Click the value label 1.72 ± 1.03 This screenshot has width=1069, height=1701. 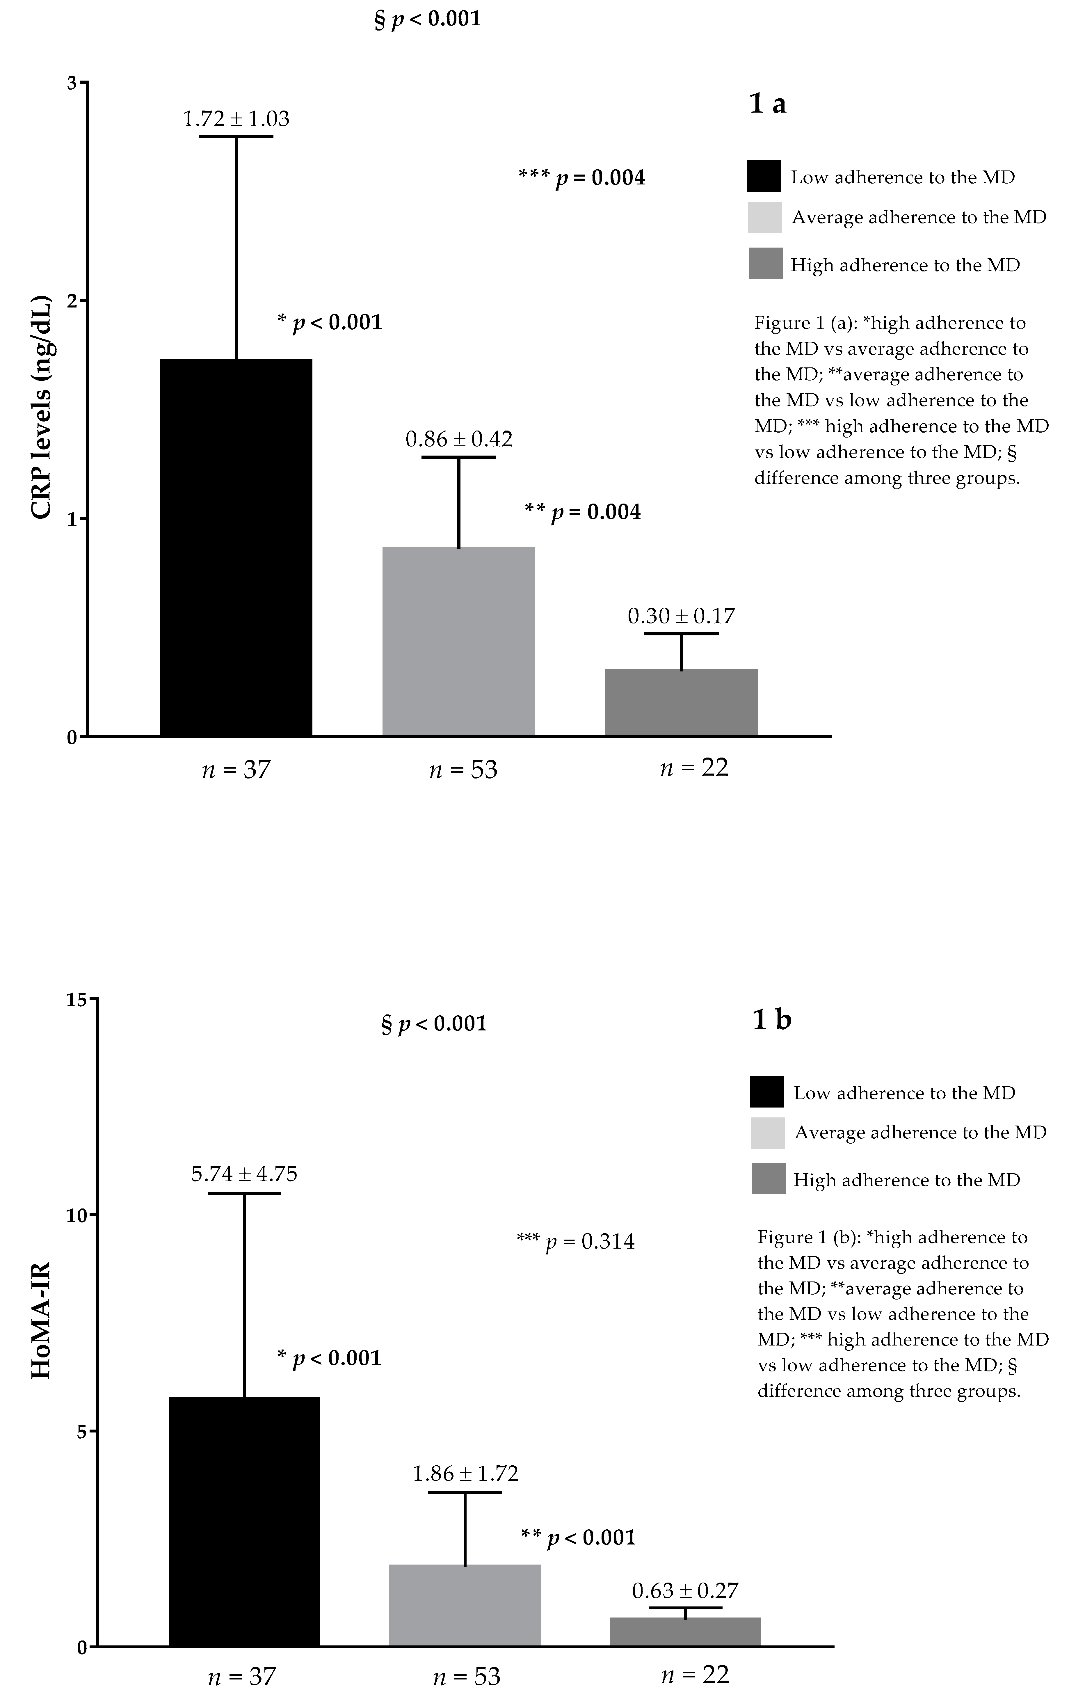236,119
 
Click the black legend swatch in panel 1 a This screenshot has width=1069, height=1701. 764,176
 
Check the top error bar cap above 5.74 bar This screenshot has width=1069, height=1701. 244,1194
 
